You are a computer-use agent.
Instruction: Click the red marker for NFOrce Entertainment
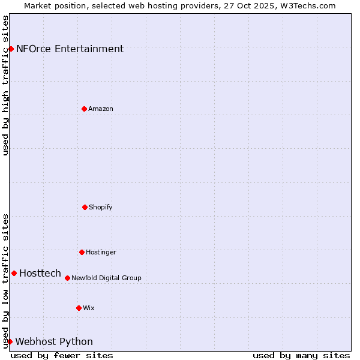11,49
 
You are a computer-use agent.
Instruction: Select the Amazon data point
84,109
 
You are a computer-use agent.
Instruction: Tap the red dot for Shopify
85,207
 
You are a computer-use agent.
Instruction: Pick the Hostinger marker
82,252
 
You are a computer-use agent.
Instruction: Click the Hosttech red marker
14,273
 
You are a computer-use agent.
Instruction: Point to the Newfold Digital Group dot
67,278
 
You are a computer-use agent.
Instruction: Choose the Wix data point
79,308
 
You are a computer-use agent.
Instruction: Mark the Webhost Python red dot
10,341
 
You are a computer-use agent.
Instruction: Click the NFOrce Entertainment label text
70,49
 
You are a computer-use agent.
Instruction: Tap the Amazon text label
101,109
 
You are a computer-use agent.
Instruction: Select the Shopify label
101,208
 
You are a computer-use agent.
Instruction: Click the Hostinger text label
101,253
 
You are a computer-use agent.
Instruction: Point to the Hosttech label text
40,274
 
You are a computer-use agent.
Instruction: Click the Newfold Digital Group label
106,278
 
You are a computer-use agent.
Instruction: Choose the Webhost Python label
54,342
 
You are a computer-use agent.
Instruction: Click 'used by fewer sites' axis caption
62,355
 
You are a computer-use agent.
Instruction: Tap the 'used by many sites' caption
301,355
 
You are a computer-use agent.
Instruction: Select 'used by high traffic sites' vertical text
6,85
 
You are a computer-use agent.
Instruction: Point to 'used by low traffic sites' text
6,281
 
